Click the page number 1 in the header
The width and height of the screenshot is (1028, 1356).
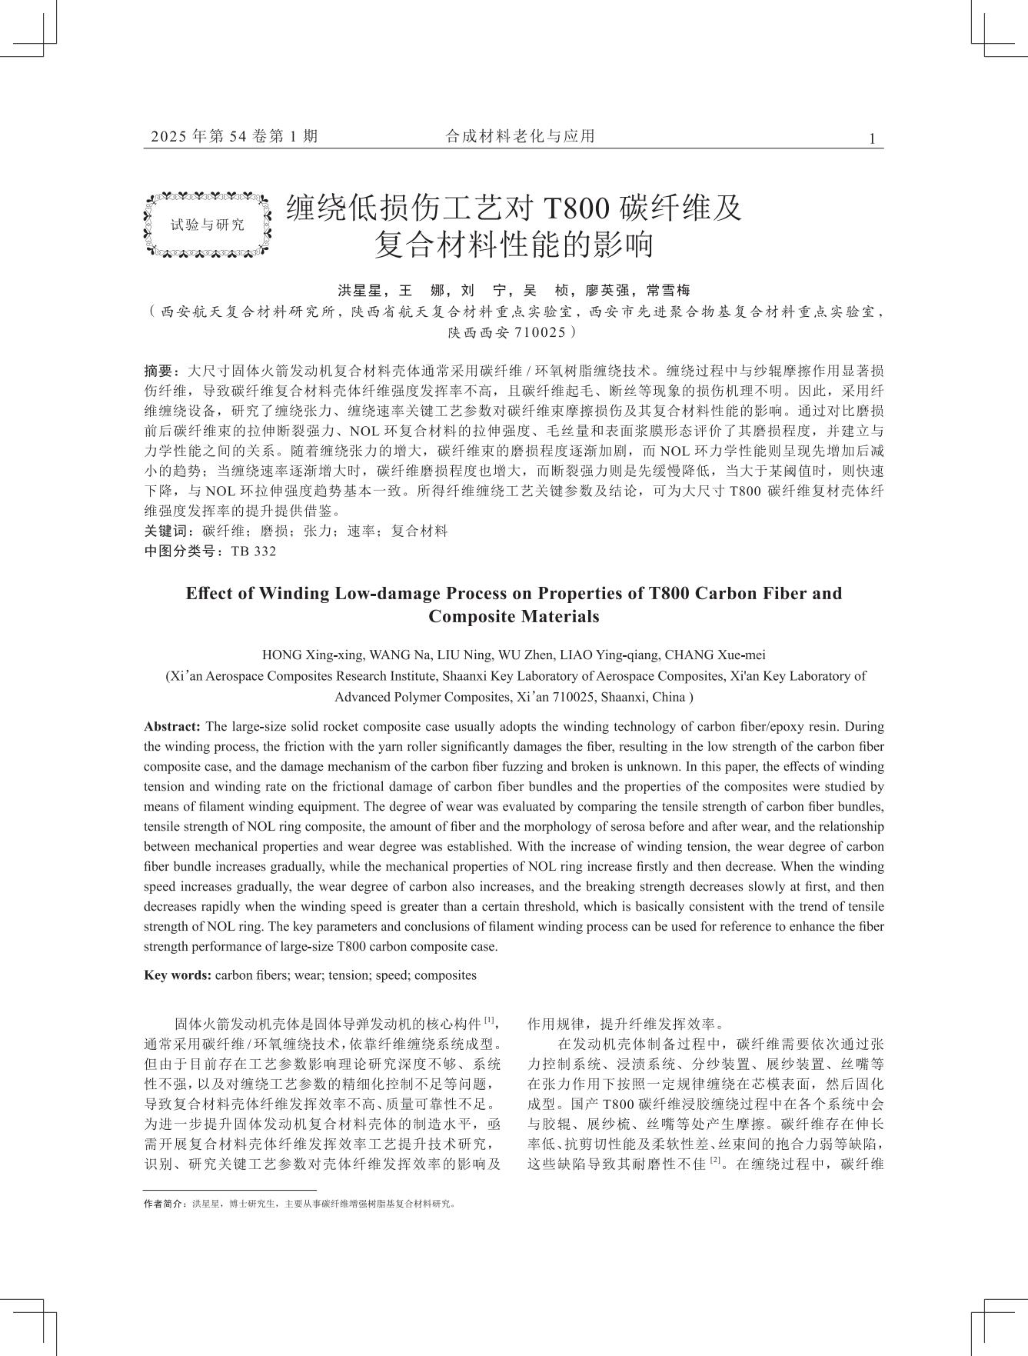click(x=872, y=139)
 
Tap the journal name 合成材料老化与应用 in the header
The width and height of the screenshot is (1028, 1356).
click(x=521, y=137)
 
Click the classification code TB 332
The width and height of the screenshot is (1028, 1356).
click(x=253, y=551)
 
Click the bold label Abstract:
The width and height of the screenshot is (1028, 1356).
click(x=172, y=727)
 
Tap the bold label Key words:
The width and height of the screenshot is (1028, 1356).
click(x=178, y=975)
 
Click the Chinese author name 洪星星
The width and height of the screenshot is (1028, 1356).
click(x=360, y=291)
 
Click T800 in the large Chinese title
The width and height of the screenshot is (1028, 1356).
click(x=576, y=208)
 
